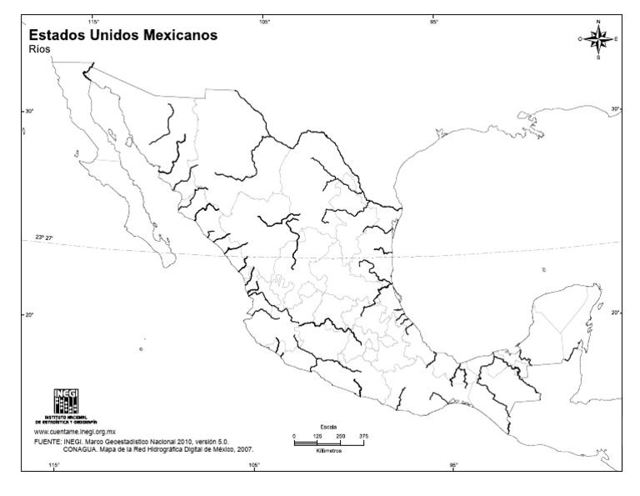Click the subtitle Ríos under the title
click(39, 49)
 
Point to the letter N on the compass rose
click(598, 21)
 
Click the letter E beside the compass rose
click(616, 39)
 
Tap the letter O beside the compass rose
click(580, 39)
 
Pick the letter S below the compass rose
click(598, 58)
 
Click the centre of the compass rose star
click(598, 38)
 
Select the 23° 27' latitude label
click(44, 238)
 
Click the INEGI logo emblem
click(66, 403)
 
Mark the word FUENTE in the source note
click(47, 441)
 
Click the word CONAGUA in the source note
click(81, 448)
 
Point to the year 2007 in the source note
click(245, 448)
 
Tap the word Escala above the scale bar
click(329, 427)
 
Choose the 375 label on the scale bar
click(363, 435)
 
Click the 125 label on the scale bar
click(317, 435)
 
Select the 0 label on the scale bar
click(294, 435)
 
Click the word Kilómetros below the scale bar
click(329, 450)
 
